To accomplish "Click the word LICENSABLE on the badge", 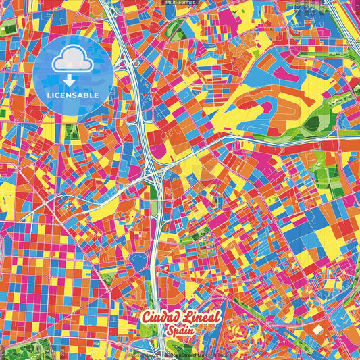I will (x=74, y=95).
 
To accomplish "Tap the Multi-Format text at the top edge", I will (x=179, y=3).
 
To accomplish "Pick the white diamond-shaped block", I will (x=317, y=330).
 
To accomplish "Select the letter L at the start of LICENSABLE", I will (x=49, y=95).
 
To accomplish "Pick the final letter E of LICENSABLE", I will (x=98, y=95).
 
